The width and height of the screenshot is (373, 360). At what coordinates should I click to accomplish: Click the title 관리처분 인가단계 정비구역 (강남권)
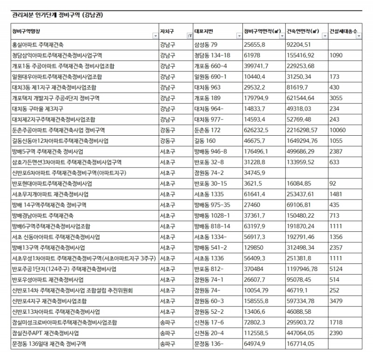coord(57,15)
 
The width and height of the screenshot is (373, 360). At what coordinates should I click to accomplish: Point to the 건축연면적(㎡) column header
coord(303,31)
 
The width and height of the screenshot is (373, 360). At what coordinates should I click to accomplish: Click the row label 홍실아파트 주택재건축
coord(38,45)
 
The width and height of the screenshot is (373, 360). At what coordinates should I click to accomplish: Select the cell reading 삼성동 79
coord(206,45)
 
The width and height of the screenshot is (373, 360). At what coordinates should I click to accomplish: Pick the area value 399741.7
coord(256,66)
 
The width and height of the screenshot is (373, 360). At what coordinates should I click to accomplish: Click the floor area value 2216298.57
coord(304,130)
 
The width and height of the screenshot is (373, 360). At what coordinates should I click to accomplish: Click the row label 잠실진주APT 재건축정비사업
coord(46,333)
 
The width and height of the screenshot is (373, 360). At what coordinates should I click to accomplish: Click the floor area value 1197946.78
coord(304,269)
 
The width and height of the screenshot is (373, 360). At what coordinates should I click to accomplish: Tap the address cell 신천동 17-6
coord(207,323)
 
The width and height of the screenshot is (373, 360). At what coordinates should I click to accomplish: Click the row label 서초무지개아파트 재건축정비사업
coord(51,194)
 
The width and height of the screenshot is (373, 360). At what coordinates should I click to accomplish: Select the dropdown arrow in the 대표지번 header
coord(237,36)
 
